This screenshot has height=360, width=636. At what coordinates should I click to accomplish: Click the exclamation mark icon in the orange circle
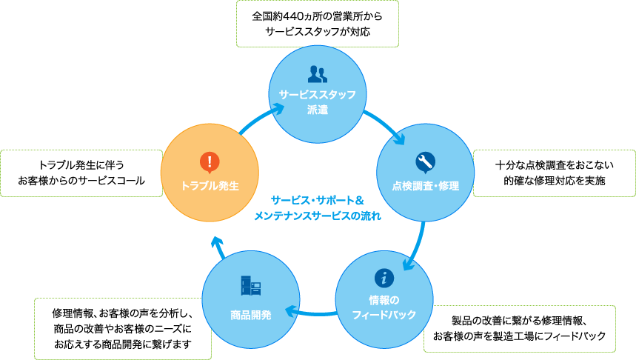pyautogui.click(x=210, y=163)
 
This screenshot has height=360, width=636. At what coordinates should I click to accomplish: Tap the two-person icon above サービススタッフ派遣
pyautogui.click(x=318, y=74)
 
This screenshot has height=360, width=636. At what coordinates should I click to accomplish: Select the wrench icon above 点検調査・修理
pyautogui.click(x=426, y=163)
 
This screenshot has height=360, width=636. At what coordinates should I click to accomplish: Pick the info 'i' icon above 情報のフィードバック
pyautogui.click(x=384, y=278)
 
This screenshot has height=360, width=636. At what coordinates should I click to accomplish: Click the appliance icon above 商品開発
pyautogui.click(x=251, y=286)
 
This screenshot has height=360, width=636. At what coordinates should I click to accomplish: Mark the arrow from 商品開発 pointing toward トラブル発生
pyautogui.click(x=218, y=247)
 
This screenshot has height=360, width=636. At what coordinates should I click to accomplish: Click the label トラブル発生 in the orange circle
pyautogui.click(x=210, y=186)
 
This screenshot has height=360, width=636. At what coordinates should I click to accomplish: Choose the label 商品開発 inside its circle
pyautogui.click(x=251, y=315)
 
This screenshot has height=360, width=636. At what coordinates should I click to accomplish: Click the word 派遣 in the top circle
pyautogui.click(x=318, y=110)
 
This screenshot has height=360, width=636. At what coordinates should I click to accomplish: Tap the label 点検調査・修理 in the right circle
pyautogui.click(x=426, y=186)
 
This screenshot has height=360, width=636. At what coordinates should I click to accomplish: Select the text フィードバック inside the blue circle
pyautogui.click(x=384, y=315)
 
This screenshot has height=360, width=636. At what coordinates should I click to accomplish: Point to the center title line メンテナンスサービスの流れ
pyautogui.click(x=318, y=216)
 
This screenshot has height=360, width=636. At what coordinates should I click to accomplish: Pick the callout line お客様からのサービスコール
pyautogui.click(x=81, y=181)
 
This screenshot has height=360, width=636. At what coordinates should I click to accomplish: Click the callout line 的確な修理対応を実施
pyautogui.click(x=554, y=181)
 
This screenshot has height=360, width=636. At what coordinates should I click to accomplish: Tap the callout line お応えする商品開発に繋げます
pyautogui.click(x=122, y=344)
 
